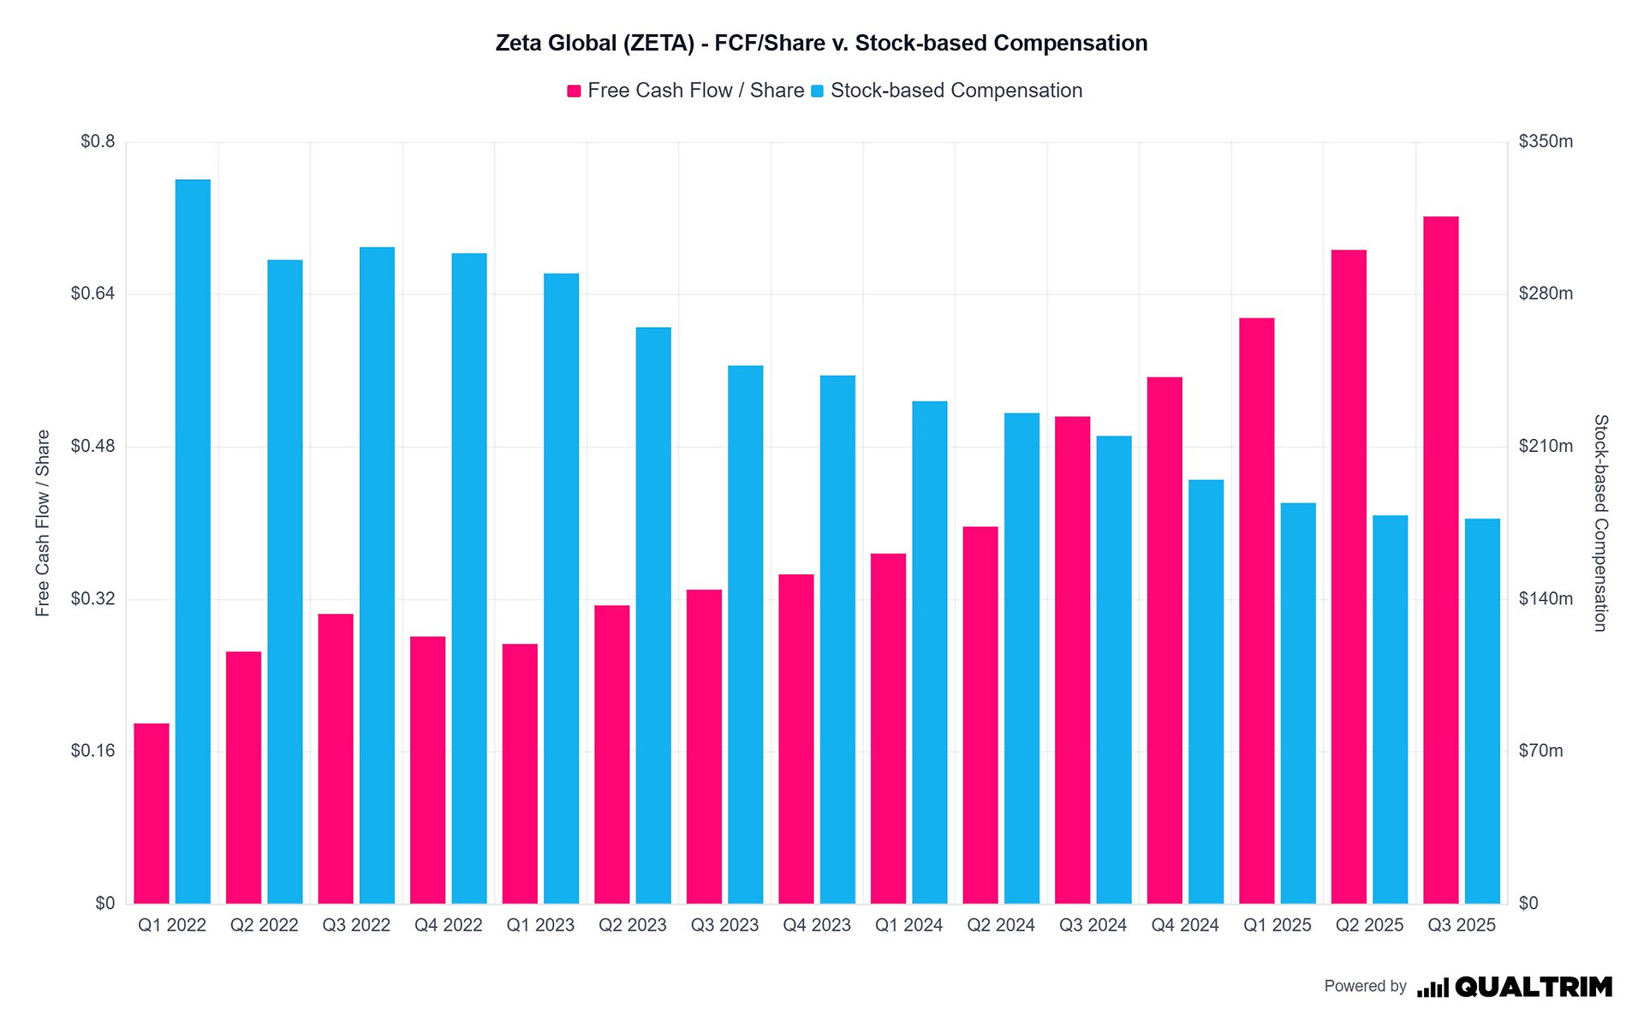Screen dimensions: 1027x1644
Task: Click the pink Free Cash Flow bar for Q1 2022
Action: pyautogui.click(x=152, y=813)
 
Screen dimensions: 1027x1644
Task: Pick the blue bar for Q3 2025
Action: pyautogui.click(x=1482, y=710)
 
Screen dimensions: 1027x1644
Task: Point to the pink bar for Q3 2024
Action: pyautogui.click(x=1072, y=660)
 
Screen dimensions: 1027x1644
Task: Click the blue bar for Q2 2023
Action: pyautogui.click(x=653, y=615)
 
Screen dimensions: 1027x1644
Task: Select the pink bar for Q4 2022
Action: pyautogui.click(x=427, y=769)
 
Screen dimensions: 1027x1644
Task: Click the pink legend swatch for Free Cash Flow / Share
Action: pyautogui.click(x=575, y=91)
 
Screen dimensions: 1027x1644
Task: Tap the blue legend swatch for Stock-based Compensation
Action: pyautogui.click(x=818, y=91)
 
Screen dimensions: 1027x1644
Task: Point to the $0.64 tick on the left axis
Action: pyautogui.click(x=92, y=294)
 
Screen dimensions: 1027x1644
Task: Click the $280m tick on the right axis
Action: pyautogui.click(x=1546, y=294)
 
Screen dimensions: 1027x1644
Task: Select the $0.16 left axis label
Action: pyautogui.click(x=92, y=751)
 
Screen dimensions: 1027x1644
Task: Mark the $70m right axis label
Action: pyautogui.click(x=1541, y=751)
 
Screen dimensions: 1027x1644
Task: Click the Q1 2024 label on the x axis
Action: pyautogui.click(x=908, y=925)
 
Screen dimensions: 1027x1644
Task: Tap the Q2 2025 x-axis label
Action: pyautogui.click(x=1369, y=925)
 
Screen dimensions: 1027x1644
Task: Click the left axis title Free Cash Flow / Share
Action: pyautogui.click(x=43, y=523)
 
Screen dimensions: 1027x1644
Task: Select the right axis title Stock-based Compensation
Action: pyautogui.click(x=1600, y=523)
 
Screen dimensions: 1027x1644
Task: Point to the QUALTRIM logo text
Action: pyautogui.click(x=1533, y=987)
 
